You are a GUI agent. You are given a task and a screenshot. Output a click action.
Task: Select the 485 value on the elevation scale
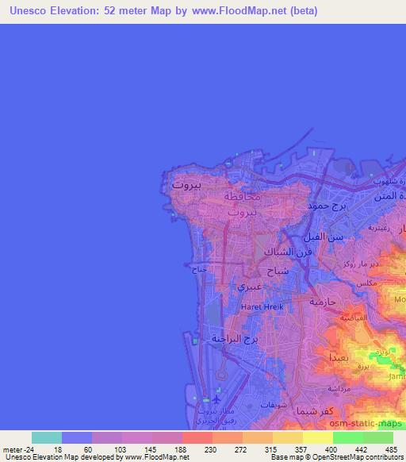pyautogui.click(x=391, y=449)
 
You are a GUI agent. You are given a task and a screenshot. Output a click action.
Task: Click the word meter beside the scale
pyautogui.click(x=13, y=449)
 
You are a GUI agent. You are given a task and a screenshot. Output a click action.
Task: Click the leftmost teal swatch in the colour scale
pyautogui.click(x=46, y=437)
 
